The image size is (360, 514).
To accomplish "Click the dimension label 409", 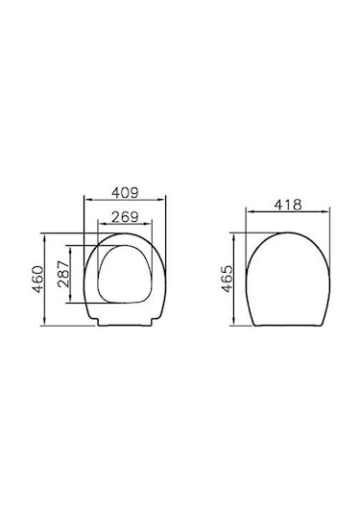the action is click(x=126, y=192).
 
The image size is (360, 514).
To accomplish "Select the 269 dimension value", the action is click(x=126, y=217).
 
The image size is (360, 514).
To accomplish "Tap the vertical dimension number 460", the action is click(x=37, y=280).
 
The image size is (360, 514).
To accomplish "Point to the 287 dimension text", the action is click(x=63, y=274).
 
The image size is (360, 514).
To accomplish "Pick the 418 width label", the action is click(x=288, y=205).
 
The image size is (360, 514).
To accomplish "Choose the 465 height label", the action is click(x=227, y=279).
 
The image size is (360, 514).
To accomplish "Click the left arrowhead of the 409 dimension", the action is click(x=87, y=199).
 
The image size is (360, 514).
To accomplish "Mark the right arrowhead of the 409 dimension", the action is click(x=162, y=199).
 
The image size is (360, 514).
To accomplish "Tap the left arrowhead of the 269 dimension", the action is click(x=101, y=224).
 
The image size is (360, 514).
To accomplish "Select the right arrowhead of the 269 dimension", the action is click(x=149, y=224).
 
